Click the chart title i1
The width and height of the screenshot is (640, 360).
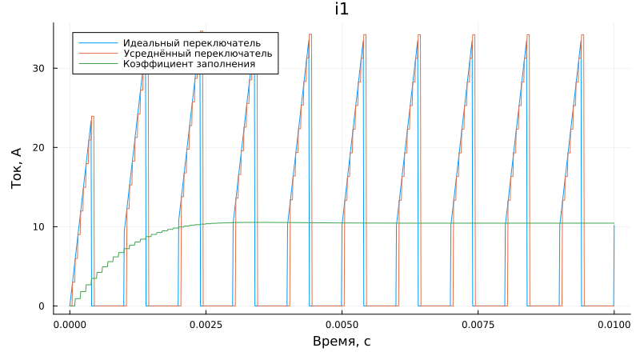point(342,10)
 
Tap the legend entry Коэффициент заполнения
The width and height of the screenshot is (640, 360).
point(189,63)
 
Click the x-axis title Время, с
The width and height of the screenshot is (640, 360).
point(342,342)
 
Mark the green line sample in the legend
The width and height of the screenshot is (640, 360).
point(92,63)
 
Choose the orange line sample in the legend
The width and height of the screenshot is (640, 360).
point(92,53)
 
